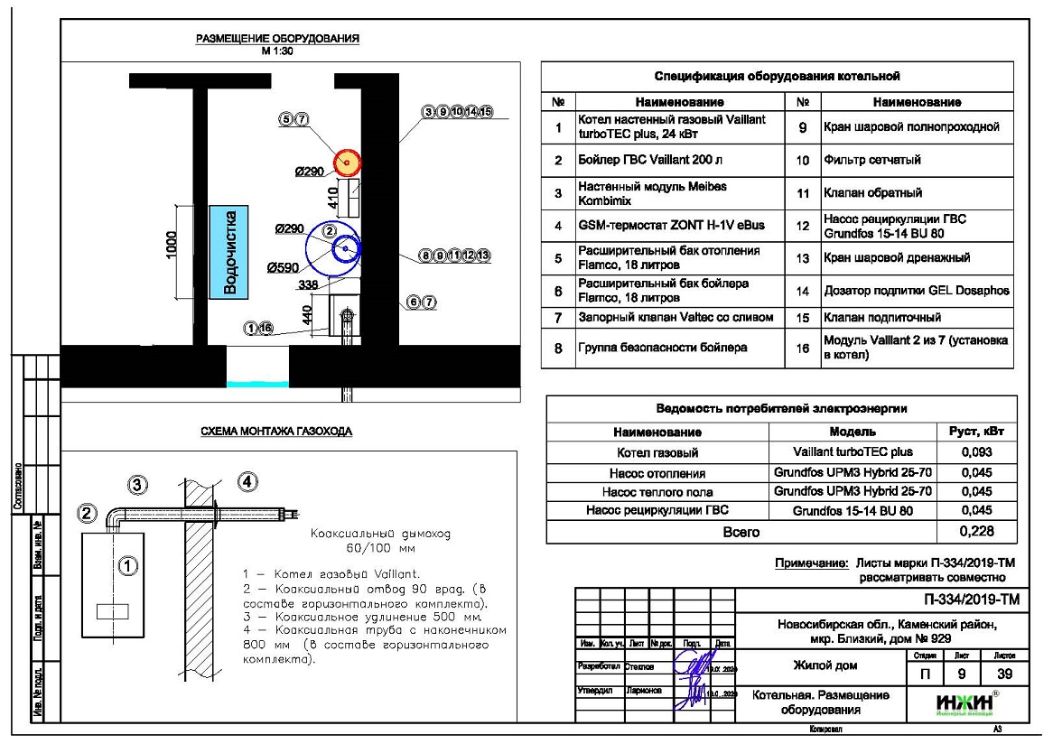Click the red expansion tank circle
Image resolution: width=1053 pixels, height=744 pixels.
pos(347,162)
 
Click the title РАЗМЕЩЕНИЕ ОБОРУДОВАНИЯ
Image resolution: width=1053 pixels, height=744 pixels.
pos(278,39)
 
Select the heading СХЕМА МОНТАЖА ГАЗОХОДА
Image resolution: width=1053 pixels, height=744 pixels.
pos(276,432)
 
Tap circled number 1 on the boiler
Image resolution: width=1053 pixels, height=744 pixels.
pos(128,566)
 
